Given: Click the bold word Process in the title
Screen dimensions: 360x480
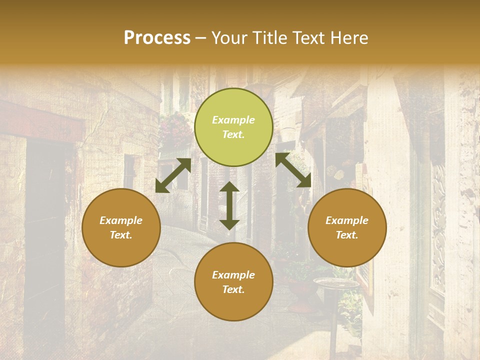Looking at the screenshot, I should click(x=157, y=38).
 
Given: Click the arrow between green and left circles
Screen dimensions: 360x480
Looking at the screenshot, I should click(x=173, y=175).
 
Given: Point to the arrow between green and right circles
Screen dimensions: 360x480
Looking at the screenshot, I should click(x=293, y=170).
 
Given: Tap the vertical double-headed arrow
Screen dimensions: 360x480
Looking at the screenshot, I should click(x=229, y=205).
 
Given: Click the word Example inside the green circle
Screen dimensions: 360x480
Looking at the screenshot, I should click(x=233, y=120).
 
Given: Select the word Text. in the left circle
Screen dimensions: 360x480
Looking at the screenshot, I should click(x=121, y=235).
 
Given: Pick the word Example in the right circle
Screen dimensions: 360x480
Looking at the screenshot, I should click(x=347, y=220).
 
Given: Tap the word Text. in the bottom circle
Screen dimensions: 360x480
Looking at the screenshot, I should click(x=233, y=289).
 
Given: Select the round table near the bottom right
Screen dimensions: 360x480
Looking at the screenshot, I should click(x=336, y=283).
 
